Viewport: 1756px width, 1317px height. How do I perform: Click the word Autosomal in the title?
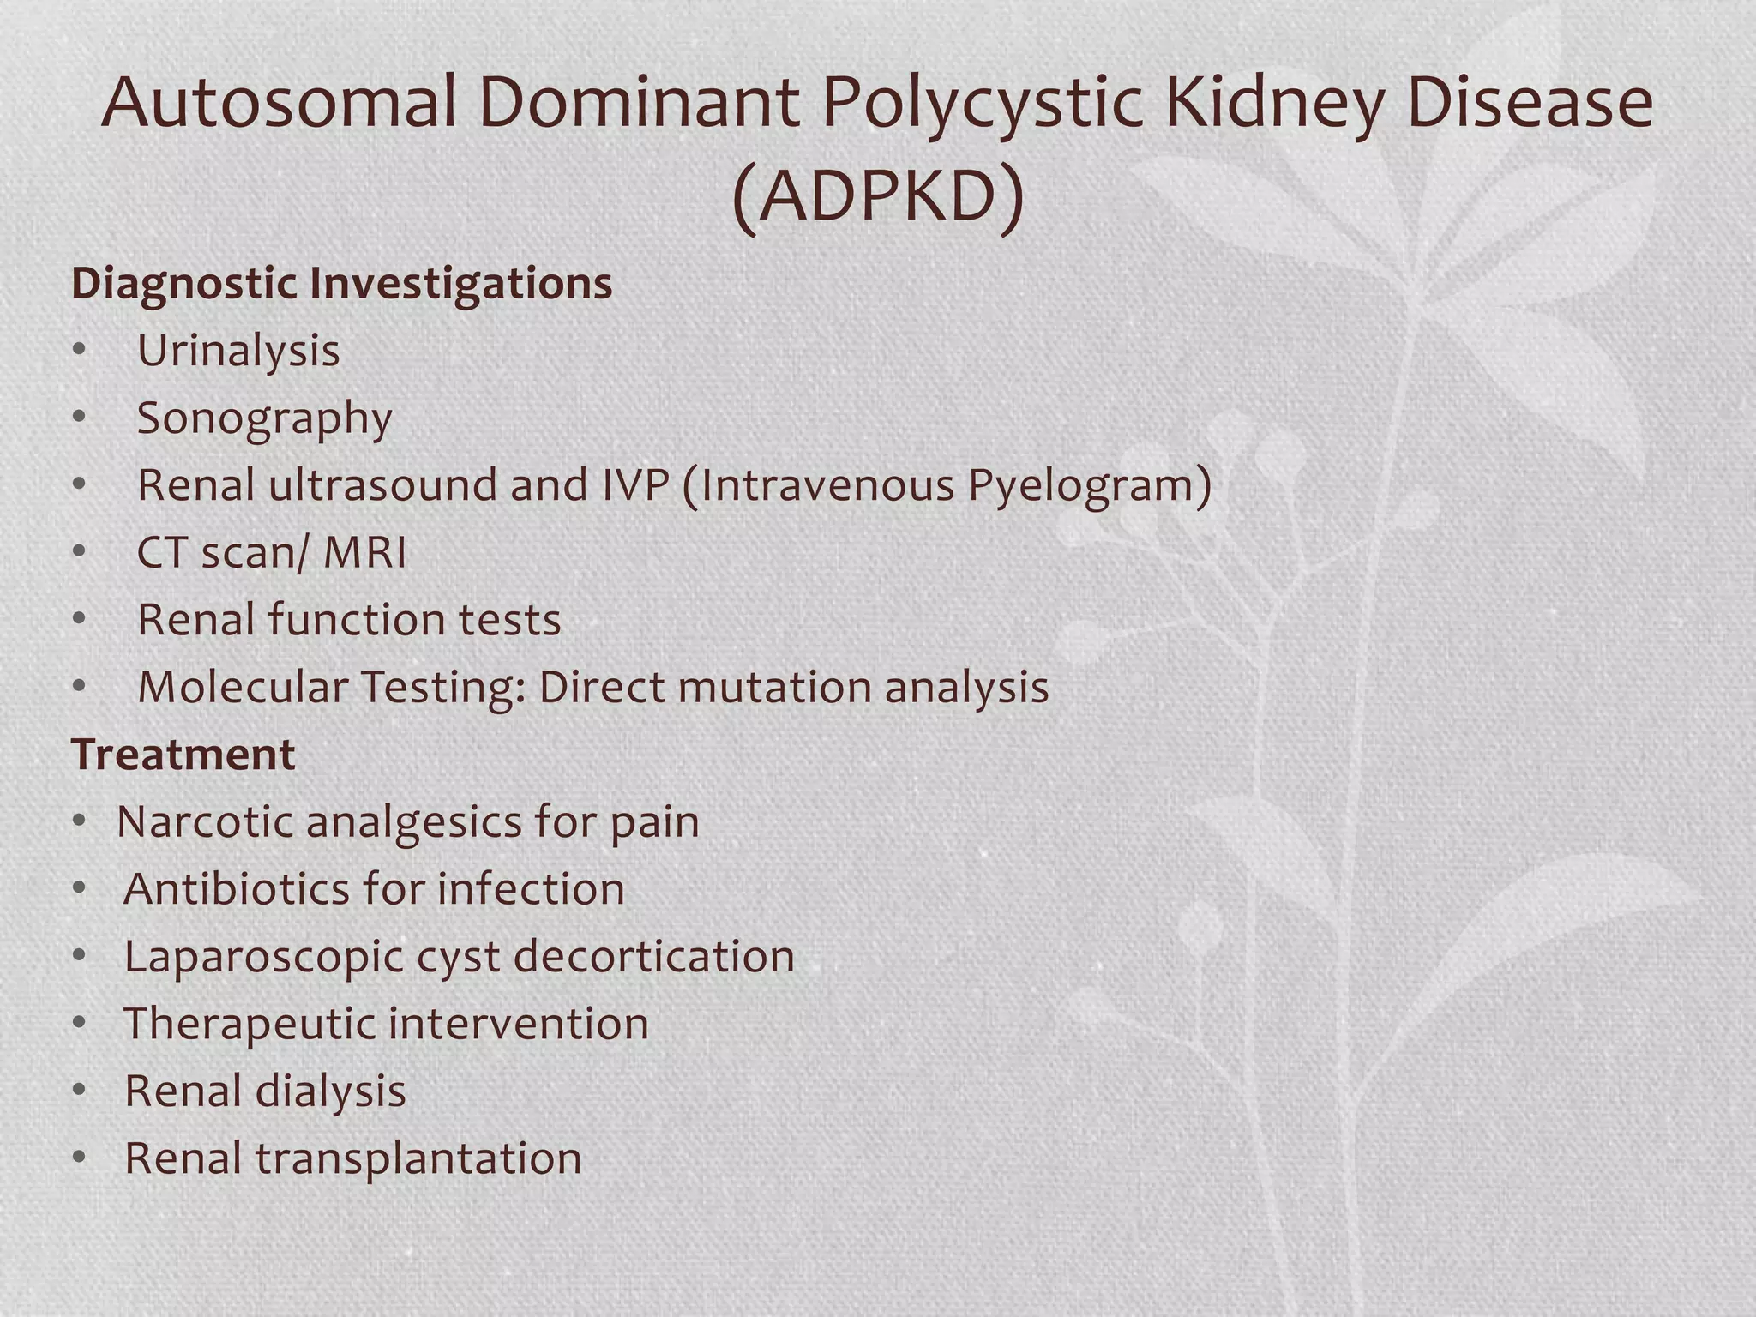pos(279,103)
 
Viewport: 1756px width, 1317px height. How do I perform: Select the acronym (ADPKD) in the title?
pos(878,197)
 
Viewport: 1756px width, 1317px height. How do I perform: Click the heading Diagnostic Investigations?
pos(341,283)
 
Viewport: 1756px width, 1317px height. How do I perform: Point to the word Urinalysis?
pos(238,351)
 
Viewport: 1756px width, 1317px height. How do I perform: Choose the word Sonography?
pos(264,419)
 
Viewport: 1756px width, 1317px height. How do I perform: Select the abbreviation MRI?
pos(364,552)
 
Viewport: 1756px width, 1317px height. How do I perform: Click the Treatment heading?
pos(183,755)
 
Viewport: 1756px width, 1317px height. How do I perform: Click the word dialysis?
pos(330,1091)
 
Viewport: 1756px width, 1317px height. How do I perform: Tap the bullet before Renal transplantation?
pos(80,1158)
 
